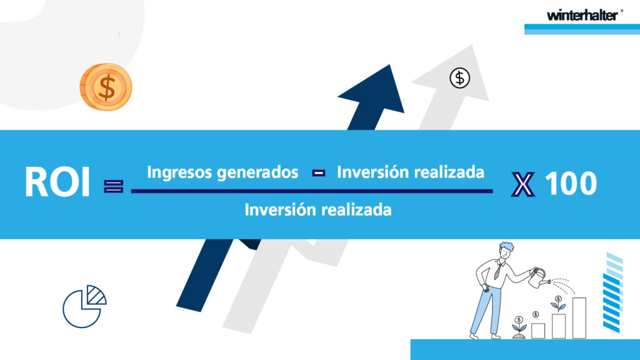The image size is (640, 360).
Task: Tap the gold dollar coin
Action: [x=106, y=87]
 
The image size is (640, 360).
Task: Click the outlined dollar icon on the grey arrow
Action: [x=459, y=78]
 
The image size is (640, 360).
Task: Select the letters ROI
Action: [x=57, y=182]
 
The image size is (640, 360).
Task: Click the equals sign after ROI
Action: [x=114, y=186]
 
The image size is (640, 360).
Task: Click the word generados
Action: [x=257, y=172]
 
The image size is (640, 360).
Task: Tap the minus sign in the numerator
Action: [x=318, y=173]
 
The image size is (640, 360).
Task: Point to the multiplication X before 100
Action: [x=523, y=184]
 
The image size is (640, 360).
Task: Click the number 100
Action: [x=571, y=183]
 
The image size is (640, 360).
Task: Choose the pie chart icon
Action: [x=84, y=306]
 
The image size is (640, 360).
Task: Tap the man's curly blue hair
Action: [x=506, y=247]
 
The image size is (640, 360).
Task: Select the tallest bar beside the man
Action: [x=579, y=318]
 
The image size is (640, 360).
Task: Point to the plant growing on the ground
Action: [x=519, y=327]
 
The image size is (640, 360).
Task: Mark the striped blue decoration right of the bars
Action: [x=612, y=292]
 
